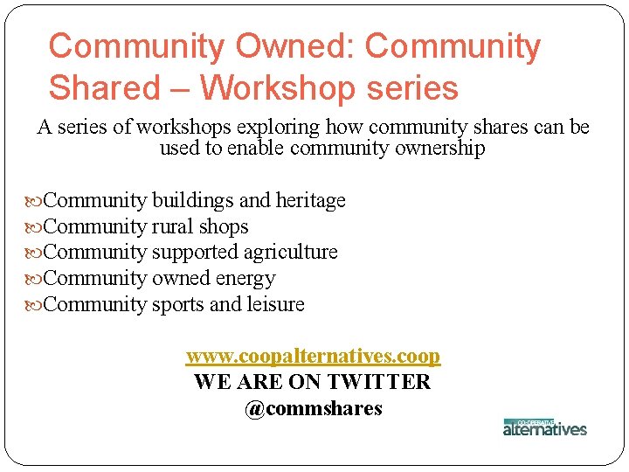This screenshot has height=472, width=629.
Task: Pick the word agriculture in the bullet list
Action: coord(290,252)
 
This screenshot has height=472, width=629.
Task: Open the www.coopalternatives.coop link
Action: coord(313,357)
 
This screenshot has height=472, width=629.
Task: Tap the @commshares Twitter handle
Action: coord(313,408)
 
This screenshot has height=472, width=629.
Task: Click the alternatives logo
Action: coord(544,427)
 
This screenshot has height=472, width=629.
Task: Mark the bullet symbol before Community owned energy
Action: coord(34,279)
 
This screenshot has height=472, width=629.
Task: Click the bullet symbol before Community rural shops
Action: coord(34,227)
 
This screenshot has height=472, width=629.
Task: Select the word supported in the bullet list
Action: coord(196,252)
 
